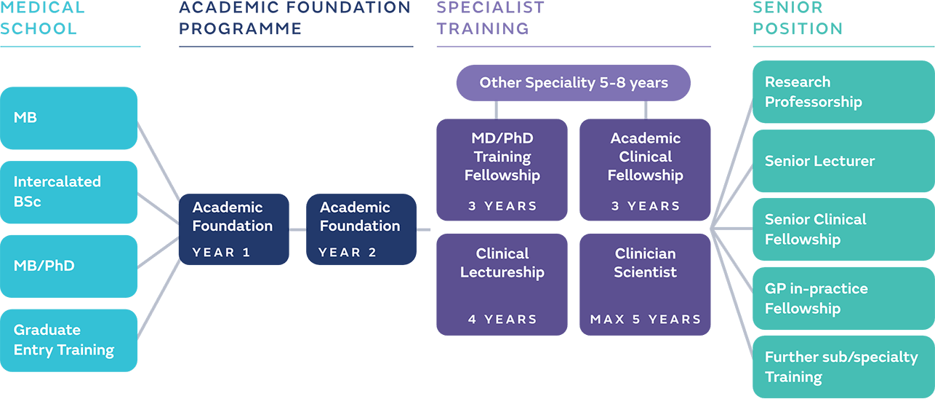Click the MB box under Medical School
68,118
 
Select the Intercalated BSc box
68,192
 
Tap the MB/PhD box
68,266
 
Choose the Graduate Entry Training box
68,341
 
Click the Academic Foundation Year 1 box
233,229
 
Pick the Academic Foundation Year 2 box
361,229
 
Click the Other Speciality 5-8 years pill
573,83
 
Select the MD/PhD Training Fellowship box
502,169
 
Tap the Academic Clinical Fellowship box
645,169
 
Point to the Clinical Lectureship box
502,284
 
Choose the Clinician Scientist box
645,284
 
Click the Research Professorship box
843,92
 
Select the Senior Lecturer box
843,161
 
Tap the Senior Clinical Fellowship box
843,229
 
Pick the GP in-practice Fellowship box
843,299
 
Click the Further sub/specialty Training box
843,367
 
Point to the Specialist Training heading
491,18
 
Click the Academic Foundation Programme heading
294,18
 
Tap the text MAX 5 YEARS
645,320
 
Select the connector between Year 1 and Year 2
297,229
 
